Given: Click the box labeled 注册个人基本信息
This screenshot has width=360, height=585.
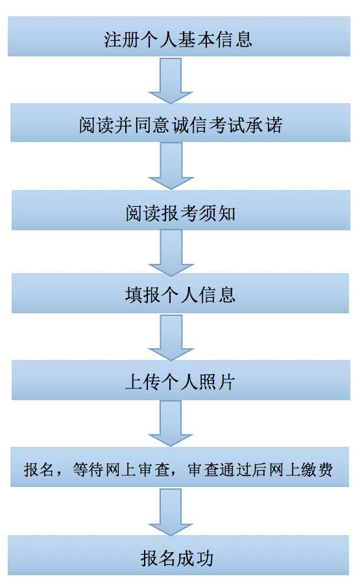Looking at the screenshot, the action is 178,36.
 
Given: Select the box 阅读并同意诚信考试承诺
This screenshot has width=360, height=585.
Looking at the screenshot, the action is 180,123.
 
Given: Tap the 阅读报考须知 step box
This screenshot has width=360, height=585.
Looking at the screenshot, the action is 180,210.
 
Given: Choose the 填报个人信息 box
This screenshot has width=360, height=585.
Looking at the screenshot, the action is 180,293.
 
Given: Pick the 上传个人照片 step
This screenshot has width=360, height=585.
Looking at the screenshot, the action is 180,380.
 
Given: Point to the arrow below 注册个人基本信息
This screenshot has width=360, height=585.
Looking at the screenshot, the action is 171,80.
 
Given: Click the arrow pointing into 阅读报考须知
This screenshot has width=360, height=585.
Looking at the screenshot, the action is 171,166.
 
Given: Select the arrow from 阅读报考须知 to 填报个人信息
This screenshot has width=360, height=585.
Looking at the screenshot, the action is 171,252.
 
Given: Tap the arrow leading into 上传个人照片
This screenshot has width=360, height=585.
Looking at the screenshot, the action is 171,337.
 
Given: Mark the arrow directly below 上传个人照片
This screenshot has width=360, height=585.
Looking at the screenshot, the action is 171,424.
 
